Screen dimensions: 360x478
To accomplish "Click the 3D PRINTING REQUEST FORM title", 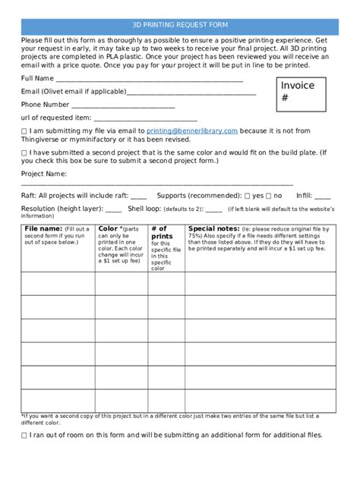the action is click(180, 25).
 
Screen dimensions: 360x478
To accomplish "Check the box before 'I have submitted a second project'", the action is click(25, 153).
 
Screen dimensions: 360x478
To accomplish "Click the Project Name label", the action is click(43, 174).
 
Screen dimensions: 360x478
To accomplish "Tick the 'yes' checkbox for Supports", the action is click(248, 196).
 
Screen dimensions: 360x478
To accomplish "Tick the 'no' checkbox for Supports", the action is click(269, 196).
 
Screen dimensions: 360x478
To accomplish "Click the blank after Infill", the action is click(322, 196).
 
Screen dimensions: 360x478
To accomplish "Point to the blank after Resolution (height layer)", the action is click(113, 209).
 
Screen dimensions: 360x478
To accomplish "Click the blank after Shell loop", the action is click(213, 209).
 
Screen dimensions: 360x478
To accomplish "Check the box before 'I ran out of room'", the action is click(25, 436).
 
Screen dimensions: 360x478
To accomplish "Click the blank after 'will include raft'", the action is click(138, 196).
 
